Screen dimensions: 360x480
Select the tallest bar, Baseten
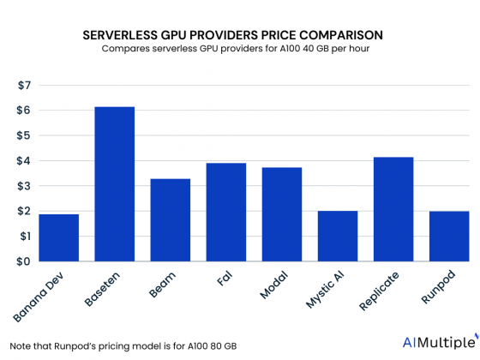coord(115,184)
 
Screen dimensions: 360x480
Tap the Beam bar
coord(171,219)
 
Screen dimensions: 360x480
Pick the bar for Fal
coord(226,212)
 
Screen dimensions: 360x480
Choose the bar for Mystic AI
coord(337,236)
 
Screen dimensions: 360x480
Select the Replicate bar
coord(393,209)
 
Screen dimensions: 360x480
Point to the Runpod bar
coord(448,236)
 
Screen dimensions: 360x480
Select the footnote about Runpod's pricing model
coord(102,345)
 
